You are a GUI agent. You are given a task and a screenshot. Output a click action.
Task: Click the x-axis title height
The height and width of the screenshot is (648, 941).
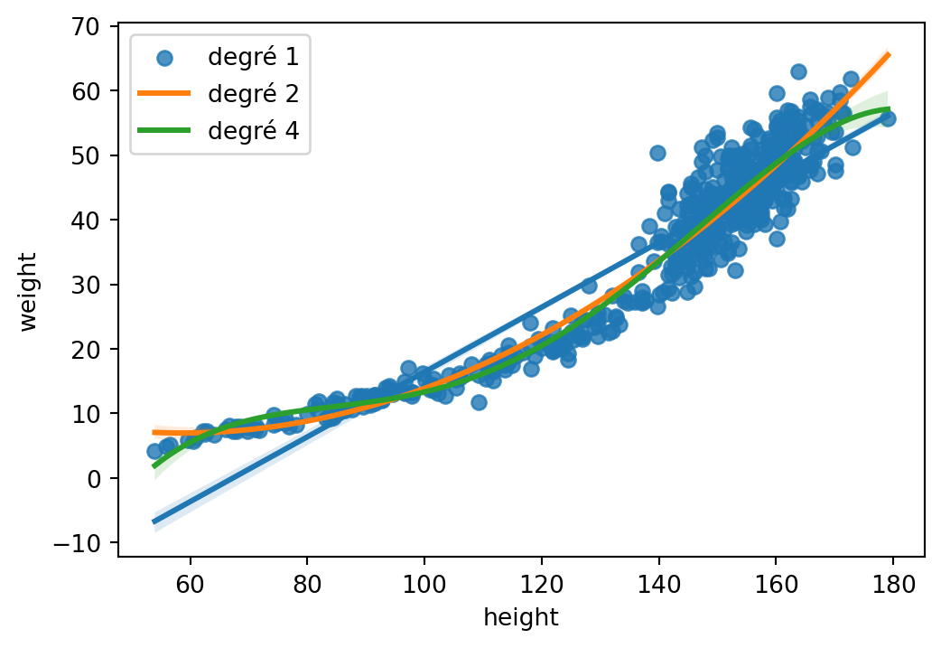pyautogui.click(x=521, y=618)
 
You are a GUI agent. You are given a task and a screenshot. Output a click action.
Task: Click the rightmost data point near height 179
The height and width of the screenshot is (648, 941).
pyautogui.click(x=888, y=118)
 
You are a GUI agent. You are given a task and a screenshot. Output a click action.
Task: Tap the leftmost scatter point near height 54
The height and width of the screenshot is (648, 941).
pyautogui.click(x=154, y=451)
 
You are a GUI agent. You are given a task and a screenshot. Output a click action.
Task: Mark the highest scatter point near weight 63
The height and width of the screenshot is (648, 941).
pyautogui.click(x=798, y=71)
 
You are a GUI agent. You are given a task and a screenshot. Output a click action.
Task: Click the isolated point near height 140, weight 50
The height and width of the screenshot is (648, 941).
pyautogui.click(x=657, y=153)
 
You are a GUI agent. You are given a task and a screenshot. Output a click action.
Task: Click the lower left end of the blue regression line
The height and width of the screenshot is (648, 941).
pyautogui.click(x=154, y=521)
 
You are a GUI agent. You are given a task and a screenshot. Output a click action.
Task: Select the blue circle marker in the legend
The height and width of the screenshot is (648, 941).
pyautogui.click(x=163, y=58)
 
